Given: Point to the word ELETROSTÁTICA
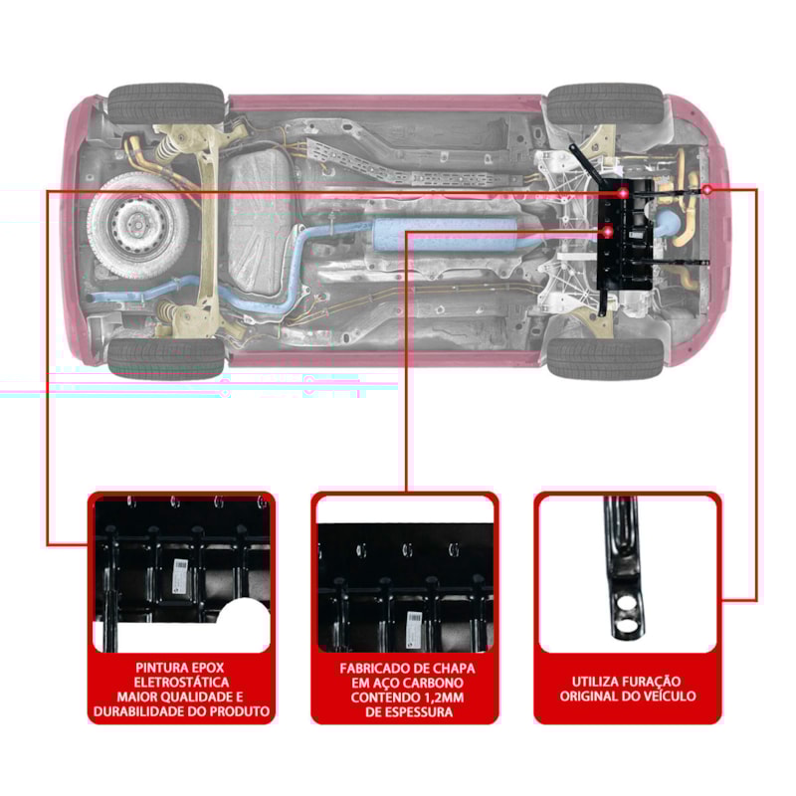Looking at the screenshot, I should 181,682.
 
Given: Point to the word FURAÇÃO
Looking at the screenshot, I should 662,682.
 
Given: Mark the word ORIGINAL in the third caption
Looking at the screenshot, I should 592,696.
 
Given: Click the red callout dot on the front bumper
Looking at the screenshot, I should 706,188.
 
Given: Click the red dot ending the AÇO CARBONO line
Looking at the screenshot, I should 608,232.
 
